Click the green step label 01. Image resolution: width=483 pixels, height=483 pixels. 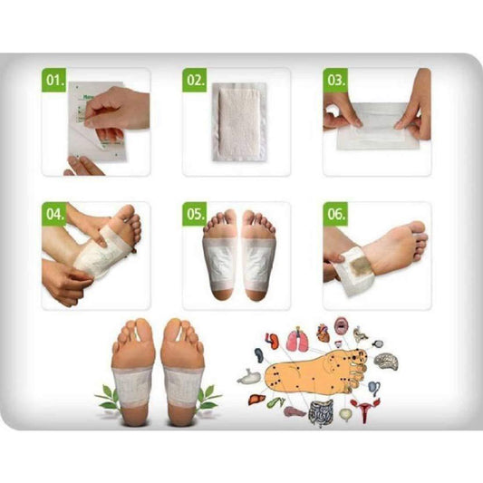(54, 80)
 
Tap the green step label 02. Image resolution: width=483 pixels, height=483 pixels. (196, 80)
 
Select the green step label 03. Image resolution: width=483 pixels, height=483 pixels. (336, 80)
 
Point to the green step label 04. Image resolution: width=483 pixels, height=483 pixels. (54, 216)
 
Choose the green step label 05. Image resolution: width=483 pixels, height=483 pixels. (196, 216)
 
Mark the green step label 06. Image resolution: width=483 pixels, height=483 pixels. (336, 216)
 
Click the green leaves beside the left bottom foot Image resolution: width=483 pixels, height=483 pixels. (107, 395)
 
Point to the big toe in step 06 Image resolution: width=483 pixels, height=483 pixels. (419, 228)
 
